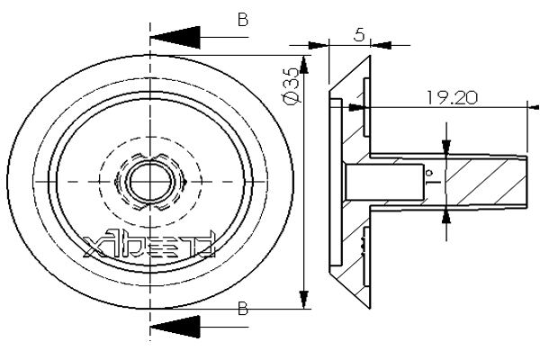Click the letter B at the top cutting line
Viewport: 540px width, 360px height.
point(241,18)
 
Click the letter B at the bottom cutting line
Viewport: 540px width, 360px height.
point(242,309)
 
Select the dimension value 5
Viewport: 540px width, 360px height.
point(358,35)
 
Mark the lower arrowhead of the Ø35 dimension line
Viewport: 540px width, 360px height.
point(303,297)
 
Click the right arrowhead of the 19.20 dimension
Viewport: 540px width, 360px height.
point(520,108)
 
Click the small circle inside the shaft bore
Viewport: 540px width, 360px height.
point(430,172)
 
